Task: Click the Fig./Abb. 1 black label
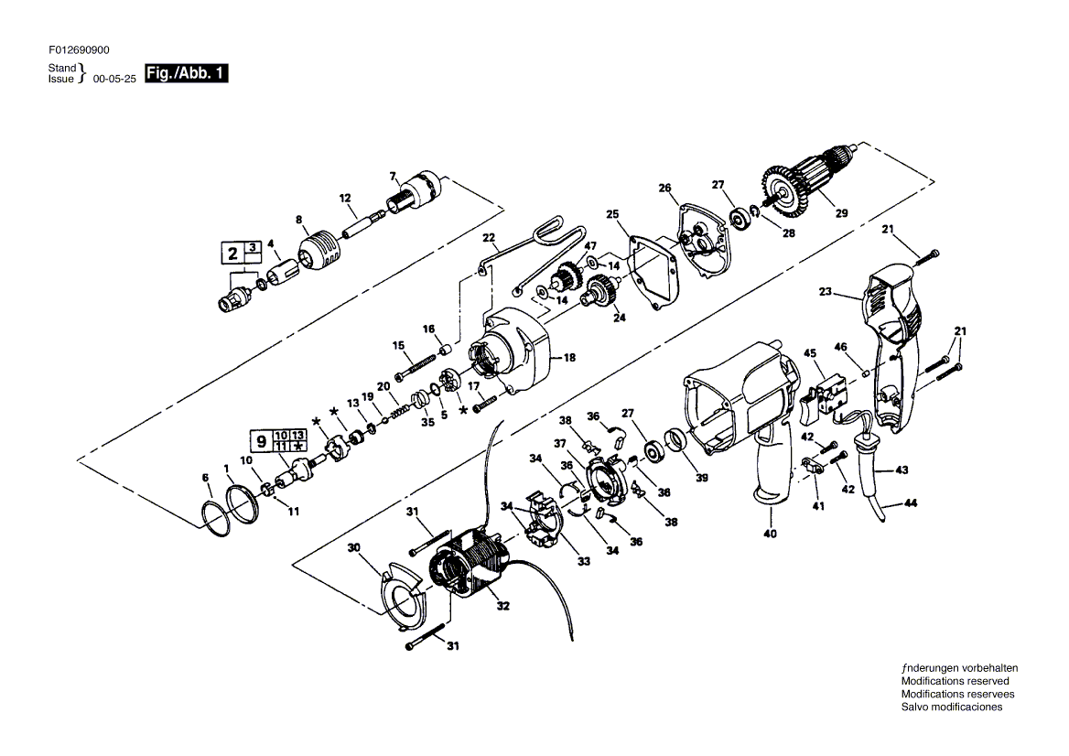pyautogui.click(x=187, y=73)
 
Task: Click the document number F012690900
pyautogui.click(x=79, y=49)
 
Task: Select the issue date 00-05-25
pyautogui.click(x=114, y=79)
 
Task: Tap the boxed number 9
pyautogui.click(x=261, y=441)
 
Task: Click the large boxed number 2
pyautogui.click(x=233, y=254)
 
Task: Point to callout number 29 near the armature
pyautogui.click(x=842, y=213)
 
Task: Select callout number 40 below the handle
pyautogui.click(x=770, y=533)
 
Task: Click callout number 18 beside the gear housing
pyautogui.click(x=569, y=357)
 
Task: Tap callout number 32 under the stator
pyautogui.click(x=503, y=605)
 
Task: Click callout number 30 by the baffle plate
pyautogui.click(x=354, y=547)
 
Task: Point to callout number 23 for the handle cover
pyautogui.click(x=826, y=292)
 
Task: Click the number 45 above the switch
pyautogui.click(x=810, y=353)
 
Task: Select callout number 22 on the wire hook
pyautogui.click(x=489, y=237)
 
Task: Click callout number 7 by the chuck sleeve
pyautogui.click(x=393, y=177)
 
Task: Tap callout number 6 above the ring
pyautogui.click(x=205, y=478)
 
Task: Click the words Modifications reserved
pyautogui.click(x=956, y=681)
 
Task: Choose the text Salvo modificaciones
pyautogui.click(x=952, y=707)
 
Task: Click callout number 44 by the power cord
pyautogui.click(x=911, y=503)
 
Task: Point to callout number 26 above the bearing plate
pyautogui.click(x=664, y=188)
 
